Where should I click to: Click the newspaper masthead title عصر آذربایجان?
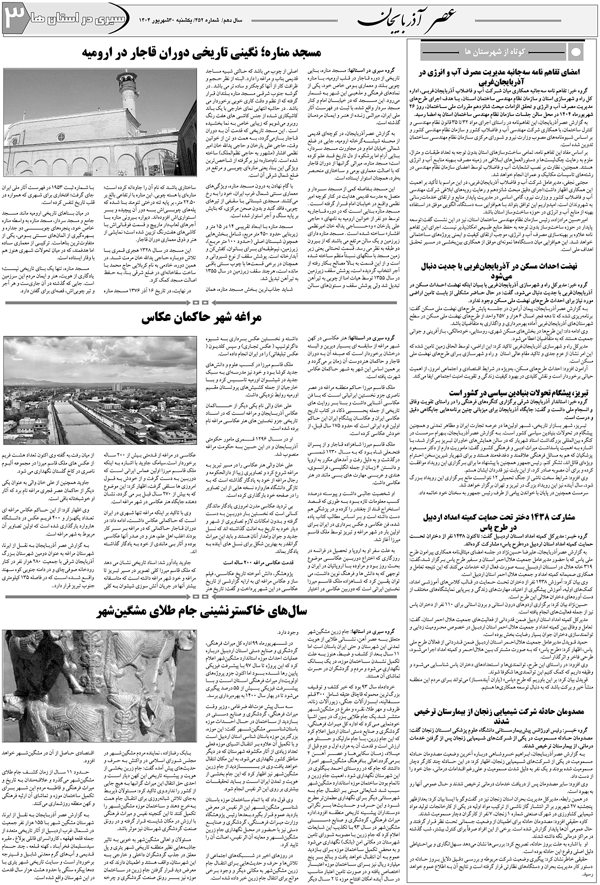(x=415, y=19)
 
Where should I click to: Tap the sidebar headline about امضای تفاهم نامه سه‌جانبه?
(x=501, y=76)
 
